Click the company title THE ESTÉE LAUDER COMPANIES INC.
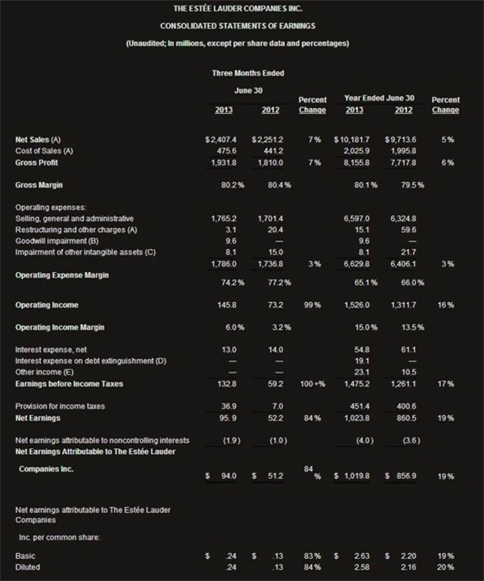point(242,8)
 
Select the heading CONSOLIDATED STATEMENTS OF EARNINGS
point(242,26)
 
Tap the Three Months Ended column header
point(248,73)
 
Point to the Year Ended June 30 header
point(379,98)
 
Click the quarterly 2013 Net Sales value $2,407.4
point(222,140)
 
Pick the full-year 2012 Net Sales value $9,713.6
point(401,140)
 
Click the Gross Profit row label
point(38,162)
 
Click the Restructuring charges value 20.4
point(271,229)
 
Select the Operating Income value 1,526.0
point(357,304)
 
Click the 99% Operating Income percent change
point(312,304)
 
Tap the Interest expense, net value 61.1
point(408,350)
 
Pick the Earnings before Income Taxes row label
point(69,384)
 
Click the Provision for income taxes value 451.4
point(358,406)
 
